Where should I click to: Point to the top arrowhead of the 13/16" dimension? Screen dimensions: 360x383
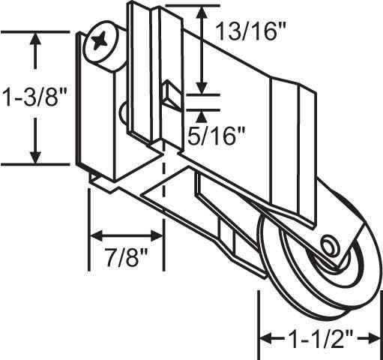pyautogui.click(x=202, y=13)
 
